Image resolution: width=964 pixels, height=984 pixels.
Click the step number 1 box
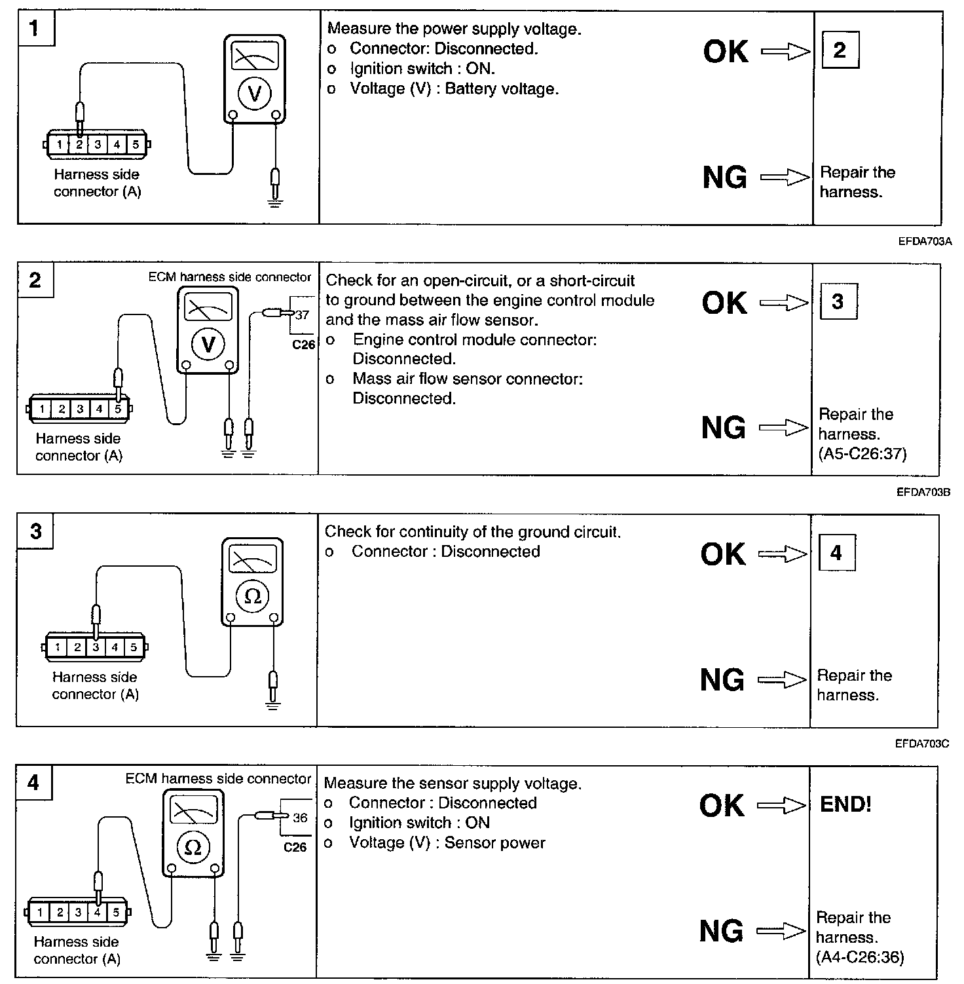coord(35,28)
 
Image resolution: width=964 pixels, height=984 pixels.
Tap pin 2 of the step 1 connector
coord(79,144)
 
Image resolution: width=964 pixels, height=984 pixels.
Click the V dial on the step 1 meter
coord(255,94)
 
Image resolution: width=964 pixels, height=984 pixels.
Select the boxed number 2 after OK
coord(840,50)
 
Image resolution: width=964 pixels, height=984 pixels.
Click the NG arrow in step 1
coord(785,177)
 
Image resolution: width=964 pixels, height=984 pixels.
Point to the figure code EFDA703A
coord(925,241)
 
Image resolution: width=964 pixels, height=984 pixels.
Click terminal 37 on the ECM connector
coord(302,315)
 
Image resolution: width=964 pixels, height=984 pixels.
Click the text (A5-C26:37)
coord(862,453)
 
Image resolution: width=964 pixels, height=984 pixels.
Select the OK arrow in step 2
coord(784,303)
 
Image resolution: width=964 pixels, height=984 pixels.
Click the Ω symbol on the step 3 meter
coord(252,596)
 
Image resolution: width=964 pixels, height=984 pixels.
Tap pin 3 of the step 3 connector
coord(96,647)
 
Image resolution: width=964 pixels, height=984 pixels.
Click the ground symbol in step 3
coord(273,706)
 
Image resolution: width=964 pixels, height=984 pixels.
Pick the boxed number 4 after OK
coord(836,553)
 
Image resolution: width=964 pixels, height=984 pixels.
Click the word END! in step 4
coord(845,804)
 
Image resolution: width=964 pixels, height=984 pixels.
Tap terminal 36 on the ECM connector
coord(300,818)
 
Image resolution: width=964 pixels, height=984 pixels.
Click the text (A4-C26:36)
coord(860,957)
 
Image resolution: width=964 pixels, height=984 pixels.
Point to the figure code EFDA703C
coord(922,744)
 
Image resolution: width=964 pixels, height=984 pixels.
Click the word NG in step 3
coord(722,680)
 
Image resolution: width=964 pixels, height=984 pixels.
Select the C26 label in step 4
coord(295,847)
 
